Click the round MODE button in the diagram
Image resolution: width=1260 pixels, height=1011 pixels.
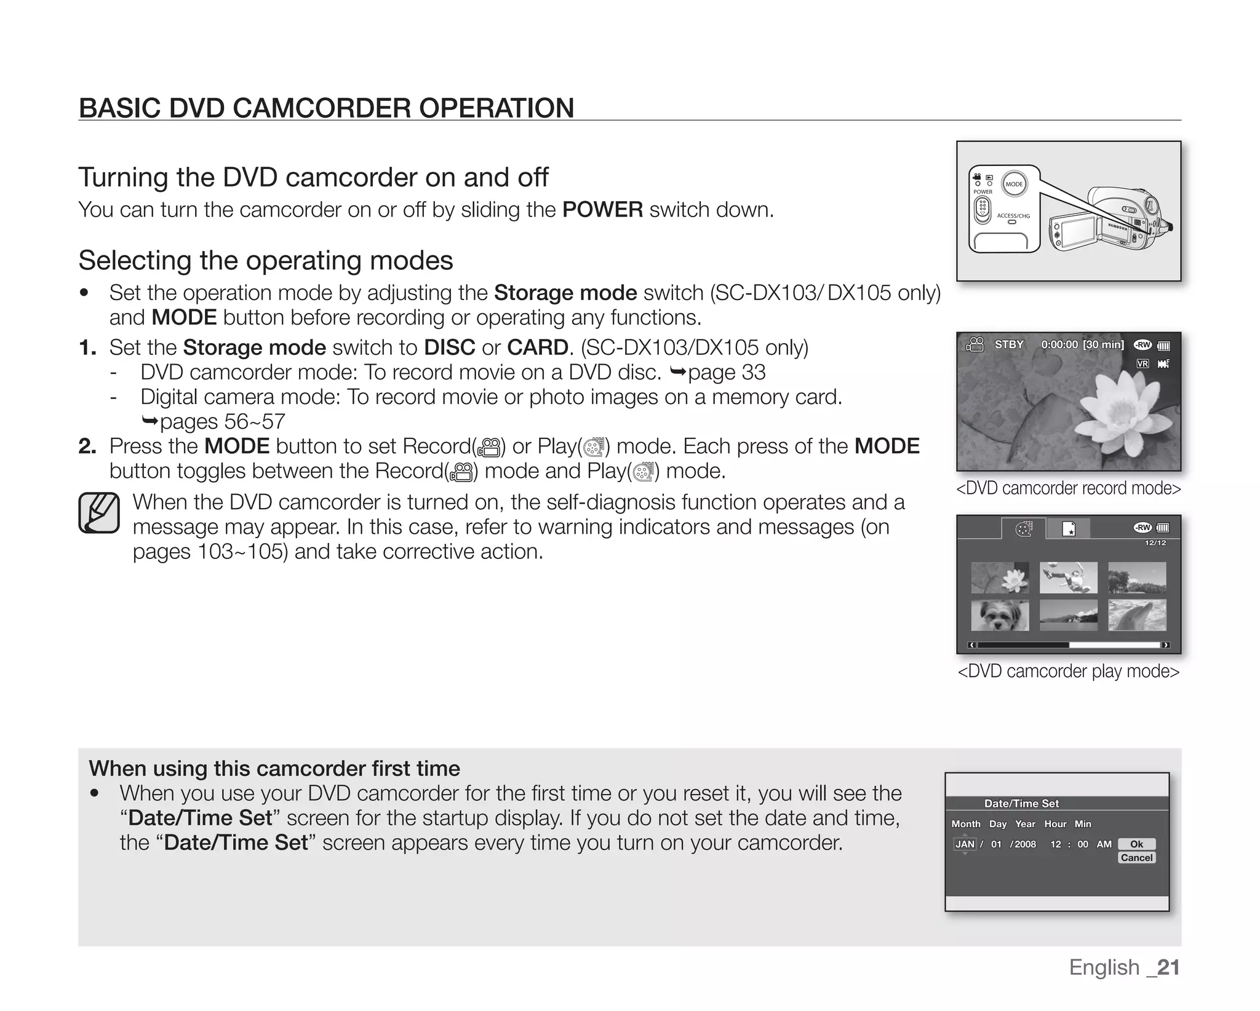1014,184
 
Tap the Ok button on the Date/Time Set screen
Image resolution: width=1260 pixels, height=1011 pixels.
1136,844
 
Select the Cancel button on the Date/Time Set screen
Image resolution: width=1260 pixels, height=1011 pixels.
1136,858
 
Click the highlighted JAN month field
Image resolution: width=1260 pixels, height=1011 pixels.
964,844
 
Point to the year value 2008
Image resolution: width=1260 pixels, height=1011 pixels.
1024,844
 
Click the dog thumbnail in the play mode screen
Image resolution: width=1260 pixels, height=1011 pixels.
1000,616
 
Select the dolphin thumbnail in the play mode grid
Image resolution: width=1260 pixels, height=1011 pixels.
1137,616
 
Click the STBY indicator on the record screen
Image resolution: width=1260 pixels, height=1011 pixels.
1009,344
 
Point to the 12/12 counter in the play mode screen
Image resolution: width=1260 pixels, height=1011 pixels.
1155,543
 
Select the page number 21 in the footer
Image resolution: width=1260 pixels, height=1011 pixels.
1168,967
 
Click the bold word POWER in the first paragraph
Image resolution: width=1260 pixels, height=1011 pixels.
602,210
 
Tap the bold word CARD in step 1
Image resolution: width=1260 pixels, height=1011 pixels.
537,347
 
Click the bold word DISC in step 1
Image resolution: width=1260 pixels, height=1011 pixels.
449,347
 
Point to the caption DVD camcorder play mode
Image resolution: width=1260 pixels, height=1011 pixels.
1069,671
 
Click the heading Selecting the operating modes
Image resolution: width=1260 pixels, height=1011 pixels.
266,260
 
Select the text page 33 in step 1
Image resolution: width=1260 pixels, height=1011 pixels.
727,372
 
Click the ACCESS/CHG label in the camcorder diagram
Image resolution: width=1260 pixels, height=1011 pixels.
1013,216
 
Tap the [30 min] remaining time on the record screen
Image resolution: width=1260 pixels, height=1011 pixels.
1103,344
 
